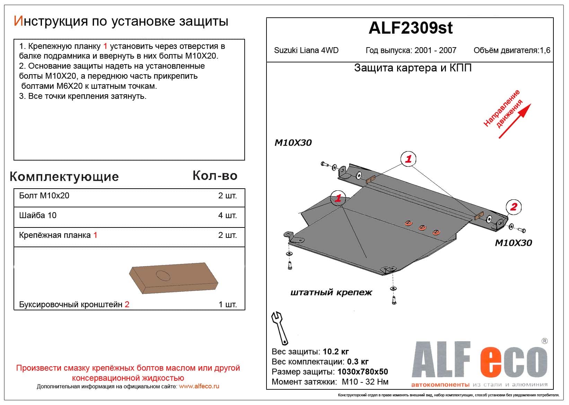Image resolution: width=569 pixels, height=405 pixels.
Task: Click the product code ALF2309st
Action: coord(410,28)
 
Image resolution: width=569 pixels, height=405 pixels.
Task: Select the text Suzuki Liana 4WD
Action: coord(306,50)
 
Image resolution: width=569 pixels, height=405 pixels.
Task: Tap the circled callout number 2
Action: coord(514,207)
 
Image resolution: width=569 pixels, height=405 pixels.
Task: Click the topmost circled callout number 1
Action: coord(408,159)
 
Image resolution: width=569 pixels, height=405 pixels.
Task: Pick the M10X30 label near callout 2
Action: coord(513,243)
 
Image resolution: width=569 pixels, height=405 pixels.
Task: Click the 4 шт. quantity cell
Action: coord(227,215)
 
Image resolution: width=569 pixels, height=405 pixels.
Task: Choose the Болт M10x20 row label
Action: coord(44,196)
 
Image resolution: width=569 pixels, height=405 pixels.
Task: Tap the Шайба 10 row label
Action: coord(38,215)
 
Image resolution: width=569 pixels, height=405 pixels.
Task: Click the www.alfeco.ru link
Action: coord(199,386)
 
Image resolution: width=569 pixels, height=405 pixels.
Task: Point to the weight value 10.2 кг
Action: coord(335,352)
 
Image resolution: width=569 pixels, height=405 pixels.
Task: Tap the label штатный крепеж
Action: coord(331,292)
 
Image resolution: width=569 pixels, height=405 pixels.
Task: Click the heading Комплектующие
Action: coord(64,176)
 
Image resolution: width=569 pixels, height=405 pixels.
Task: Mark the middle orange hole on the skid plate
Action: coord(422,227)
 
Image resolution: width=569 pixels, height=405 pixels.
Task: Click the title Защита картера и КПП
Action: coord(413,68)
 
